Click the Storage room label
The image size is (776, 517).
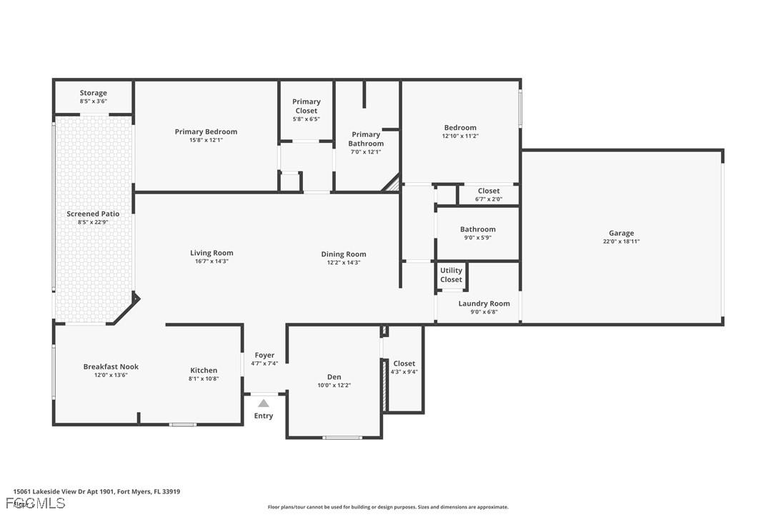tap(93, 93)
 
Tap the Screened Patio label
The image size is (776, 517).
tap(93, 214)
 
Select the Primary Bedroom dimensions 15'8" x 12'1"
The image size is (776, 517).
tap(206, 140)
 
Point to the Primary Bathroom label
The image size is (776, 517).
tap(366, 139)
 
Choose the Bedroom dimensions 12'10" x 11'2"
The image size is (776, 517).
tap(460, 136)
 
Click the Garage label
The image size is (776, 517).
tap(621, 233)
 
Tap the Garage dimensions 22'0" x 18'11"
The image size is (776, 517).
tap(621, 241)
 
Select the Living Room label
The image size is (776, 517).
tap(212, 253)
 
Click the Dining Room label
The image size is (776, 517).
tap(343, 254)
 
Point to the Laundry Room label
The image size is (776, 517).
tap(484, 303)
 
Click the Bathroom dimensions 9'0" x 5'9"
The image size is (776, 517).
tap(477, 238)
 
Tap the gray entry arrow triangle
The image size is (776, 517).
tap(264, 403)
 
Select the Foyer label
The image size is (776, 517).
tap(264, 355)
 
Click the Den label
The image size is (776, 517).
tap(334, 377)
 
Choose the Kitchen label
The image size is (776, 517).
tap(204, 370)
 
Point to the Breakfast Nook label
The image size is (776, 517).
tap(111, 366)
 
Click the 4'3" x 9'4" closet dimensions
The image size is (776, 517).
tap(404, 371)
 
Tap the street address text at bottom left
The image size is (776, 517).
tap(96, 491)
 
